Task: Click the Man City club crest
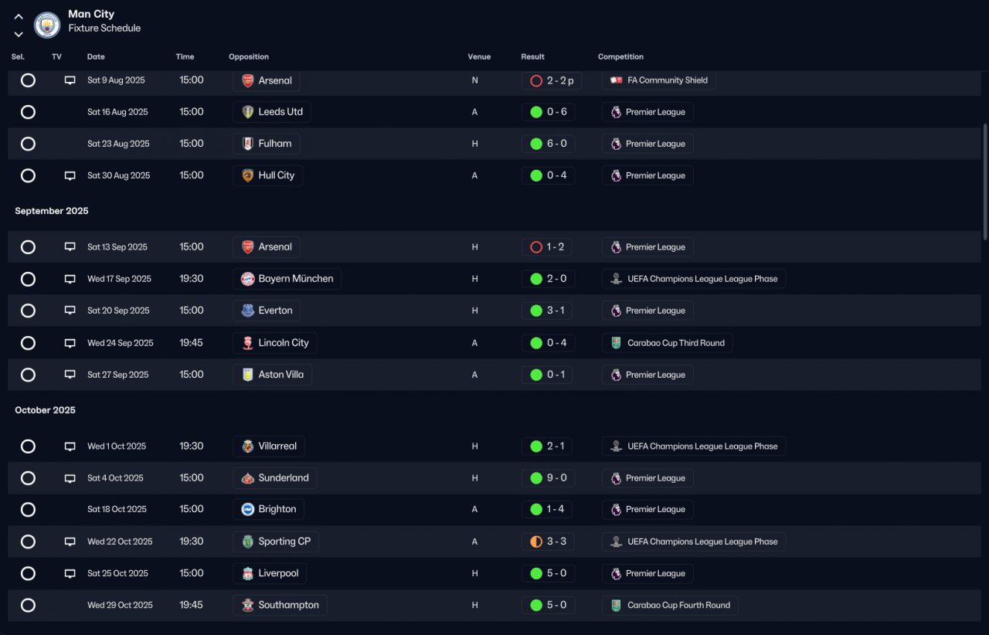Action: point(47,25)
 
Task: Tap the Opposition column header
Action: point(249,56)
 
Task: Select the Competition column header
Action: point(620,56)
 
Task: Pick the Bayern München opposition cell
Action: point(287,279)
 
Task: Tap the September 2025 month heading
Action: point(52,211)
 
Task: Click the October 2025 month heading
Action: point(45,409)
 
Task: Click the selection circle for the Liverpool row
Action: point(28,573)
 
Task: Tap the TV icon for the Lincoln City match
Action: point(70,343)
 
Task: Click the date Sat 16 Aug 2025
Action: point(117,112)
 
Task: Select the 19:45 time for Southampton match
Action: point(191,605)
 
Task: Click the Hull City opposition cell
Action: point(267,175)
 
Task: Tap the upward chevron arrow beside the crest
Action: point(19,17)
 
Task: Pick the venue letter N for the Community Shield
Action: point(474,80)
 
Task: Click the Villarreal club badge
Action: point(248,446)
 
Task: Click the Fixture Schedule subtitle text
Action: point(104,28)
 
